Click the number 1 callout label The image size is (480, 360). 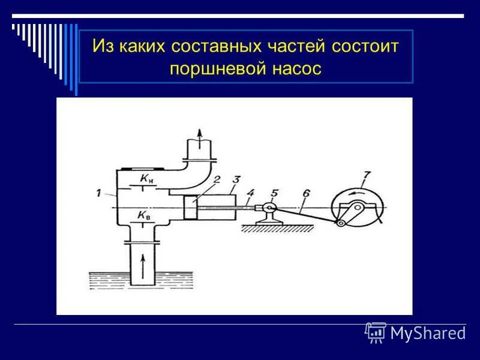point(97,192)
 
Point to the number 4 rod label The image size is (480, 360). point(251,193)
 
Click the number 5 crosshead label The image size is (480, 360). point(275,193)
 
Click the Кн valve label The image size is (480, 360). point(146,178)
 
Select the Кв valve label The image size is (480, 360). point(144,215)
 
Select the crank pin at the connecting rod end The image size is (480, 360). point(341,223)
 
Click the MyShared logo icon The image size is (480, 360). point(376,332)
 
